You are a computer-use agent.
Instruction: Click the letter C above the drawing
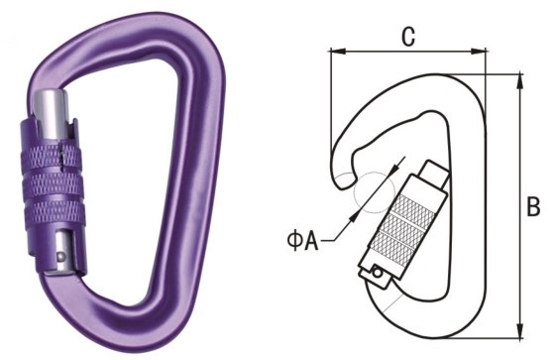tap(408, 37)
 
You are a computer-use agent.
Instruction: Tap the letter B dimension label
tap(533, 206)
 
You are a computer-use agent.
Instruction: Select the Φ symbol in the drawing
tap(294, 241)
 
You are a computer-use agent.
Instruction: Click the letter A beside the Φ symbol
tap(311, 241)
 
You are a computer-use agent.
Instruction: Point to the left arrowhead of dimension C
tap(337, 52)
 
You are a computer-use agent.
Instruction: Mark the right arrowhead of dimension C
tap(478, 52)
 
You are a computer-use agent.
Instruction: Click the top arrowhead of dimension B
tap(520, 81)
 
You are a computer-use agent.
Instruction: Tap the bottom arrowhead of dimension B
tap(520, 331)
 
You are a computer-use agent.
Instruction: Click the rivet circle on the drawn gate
tap(377, 274)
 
